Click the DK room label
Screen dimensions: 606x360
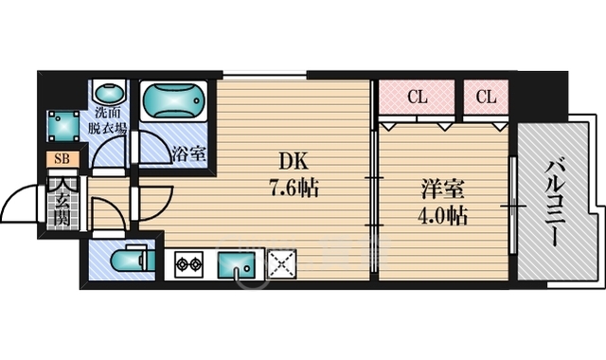click(294, 161)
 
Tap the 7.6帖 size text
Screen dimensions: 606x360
click(294, 189)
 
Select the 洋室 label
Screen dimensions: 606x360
click(442, 189)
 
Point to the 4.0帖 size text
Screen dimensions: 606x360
click(442, 216)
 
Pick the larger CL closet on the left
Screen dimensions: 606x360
click(417, 97)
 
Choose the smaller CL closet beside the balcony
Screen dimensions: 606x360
click(486, 97)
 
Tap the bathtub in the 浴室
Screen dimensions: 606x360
click(173, 99)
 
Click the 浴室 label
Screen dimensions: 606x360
click(188, 153)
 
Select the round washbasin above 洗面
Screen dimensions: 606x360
click(110, 94)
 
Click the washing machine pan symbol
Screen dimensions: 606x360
click(63, 126)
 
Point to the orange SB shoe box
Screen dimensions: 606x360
click(62, 158)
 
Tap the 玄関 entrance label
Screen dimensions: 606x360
click(62, 210)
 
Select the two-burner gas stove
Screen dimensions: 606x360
click(189, 264)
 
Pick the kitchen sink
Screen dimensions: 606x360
click(236, 264)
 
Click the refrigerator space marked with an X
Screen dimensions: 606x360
click(282, 264)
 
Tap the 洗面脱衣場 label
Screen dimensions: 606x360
click(107, 121)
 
